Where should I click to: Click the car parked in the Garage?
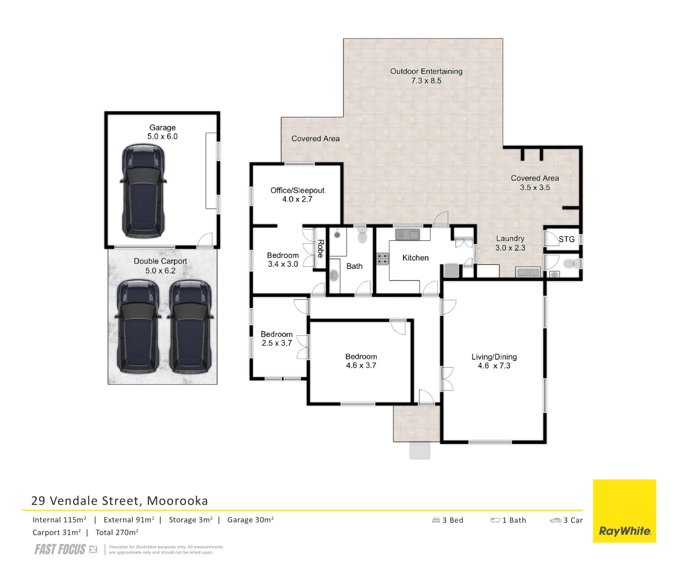click(143, 191)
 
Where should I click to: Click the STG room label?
click(566, 239)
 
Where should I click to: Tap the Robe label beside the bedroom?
click(320, 248)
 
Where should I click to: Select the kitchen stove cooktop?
click(383, 258)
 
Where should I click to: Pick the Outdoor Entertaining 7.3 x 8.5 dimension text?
click(426, 81)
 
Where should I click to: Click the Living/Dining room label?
click(494, 357)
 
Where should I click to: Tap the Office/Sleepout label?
click(297, 190)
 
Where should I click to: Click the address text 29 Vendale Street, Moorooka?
click(120, 500)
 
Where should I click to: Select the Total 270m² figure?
click(117, 532)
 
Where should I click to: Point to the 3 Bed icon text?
click(452, 520)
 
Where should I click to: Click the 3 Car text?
click(573, 520)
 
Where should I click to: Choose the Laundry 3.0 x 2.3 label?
click(510, 243)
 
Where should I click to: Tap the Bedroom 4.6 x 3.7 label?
click(361, 361)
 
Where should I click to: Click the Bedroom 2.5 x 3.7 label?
click(276, 338)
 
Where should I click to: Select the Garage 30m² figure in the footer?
click(250, 520)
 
